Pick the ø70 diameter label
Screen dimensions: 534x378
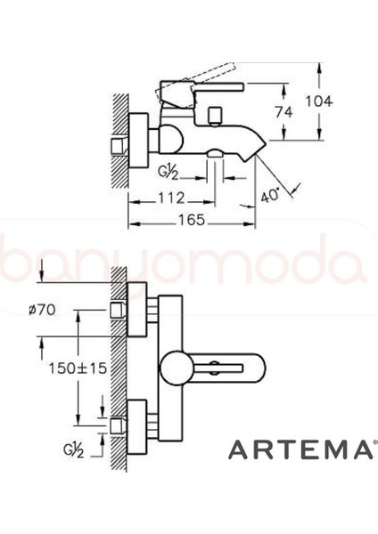tap(42, 309)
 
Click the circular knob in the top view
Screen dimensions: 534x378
tap(173, 367)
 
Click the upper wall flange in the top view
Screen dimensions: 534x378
tap(140, 311)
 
